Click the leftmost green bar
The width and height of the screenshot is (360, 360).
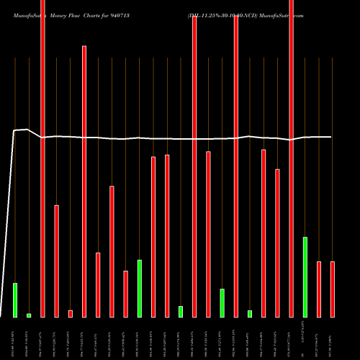(x=15, y=300)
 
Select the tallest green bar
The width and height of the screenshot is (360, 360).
(x=305, y=276)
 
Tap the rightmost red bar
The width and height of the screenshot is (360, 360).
(x=333, y=289)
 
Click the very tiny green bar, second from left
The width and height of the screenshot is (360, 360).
(x=29, y=315)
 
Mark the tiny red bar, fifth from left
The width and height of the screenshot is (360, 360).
(x=71, y=313)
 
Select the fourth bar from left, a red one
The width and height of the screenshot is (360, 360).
(x=57, y=261)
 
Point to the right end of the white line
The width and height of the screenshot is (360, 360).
(x=331, y=137)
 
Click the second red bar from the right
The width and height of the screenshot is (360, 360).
(x=319, y=289)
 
